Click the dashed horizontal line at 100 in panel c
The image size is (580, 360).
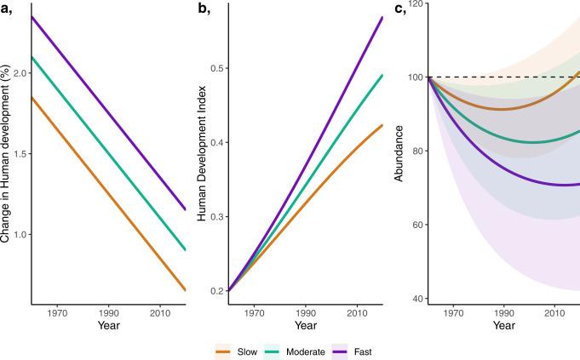[x=511, y=77]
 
